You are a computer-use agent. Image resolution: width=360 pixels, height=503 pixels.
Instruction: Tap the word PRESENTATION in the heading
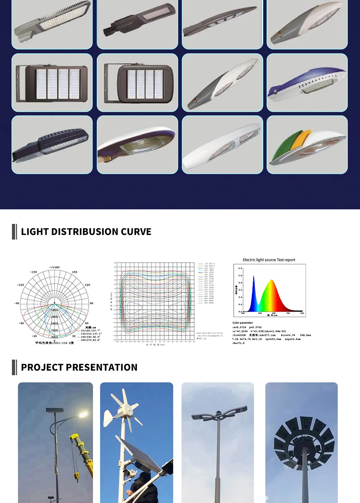pos(102,367)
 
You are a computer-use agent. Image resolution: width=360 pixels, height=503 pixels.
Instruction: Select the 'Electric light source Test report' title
pos(269,260)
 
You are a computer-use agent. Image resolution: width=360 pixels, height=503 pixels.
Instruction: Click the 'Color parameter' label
pos(242,323)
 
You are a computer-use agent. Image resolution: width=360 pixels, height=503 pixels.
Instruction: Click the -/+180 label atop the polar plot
pos(54,267)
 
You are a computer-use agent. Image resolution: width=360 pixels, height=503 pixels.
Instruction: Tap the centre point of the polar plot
pos(54,303)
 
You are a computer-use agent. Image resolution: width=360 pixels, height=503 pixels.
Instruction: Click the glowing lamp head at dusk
pos(83,415)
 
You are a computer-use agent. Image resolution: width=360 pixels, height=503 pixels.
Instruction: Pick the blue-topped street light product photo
pos(307,83)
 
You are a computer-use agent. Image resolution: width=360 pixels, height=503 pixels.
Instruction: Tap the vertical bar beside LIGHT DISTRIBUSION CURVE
pos(14,232)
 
